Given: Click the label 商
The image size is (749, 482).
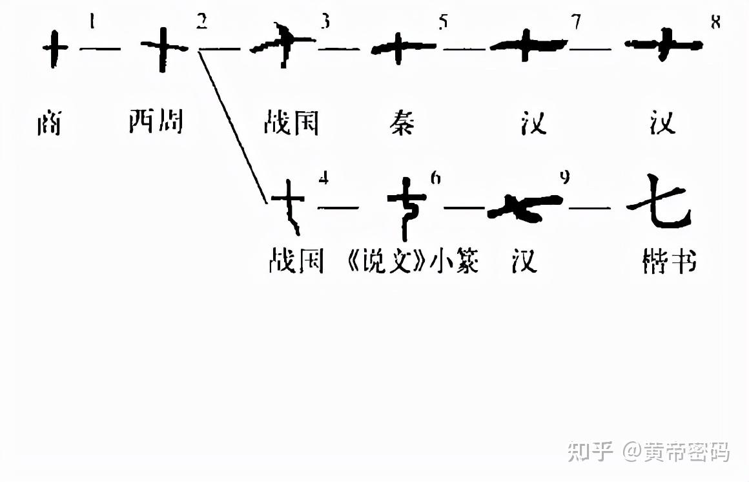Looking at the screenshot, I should coord(48,123).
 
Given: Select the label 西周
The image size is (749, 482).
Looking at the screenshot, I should coord(156,121).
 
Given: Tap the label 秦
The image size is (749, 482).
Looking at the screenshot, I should coord(402,121).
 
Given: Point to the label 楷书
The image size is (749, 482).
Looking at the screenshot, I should coord(670,262).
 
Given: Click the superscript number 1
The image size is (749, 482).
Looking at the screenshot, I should coord(92,21).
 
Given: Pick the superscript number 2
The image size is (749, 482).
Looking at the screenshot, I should coord(202,21).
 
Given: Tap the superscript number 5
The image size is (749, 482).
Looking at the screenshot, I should coord(442,23).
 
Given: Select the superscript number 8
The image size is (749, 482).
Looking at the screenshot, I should coord(715,21).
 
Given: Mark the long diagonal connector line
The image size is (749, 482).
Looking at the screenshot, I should coord(232,126).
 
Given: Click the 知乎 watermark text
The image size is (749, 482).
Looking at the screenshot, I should coord(590,452).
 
